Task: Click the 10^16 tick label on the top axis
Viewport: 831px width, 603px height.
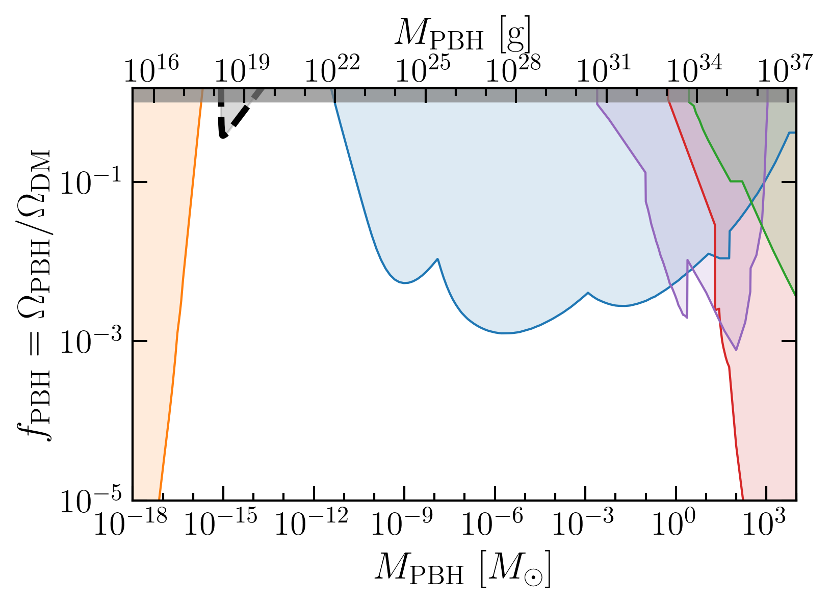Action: pyautogui.click(x=151, y=69)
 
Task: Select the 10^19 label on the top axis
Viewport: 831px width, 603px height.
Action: pyautogui.click(x=242, y=69)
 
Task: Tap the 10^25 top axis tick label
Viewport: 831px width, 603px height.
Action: pyautogui.click(x=423, y=69)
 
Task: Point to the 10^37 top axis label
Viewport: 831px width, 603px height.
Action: pyautogui.click(x=785, y=69)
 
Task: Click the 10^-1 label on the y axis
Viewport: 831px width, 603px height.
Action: pyautogui.click(x=91, y=182)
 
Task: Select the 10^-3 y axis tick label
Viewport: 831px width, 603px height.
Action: pyautogui.click(x=91, y=340)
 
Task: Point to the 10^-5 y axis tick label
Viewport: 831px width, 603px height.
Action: pyautogui.click(x=91, y=499)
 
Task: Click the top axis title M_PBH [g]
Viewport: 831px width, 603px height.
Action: pyautogui.click(x=462, y=34)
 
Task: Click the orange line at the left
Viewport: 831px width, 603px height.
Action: pyautogui.click(x=180, y=295)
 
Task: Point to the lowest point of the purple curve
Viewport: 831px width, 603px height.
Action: pyautogui.click(x=736, y=350)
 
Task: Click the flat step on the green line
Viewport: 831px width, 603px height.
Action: pyautogui.click(x=736, y=181)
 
